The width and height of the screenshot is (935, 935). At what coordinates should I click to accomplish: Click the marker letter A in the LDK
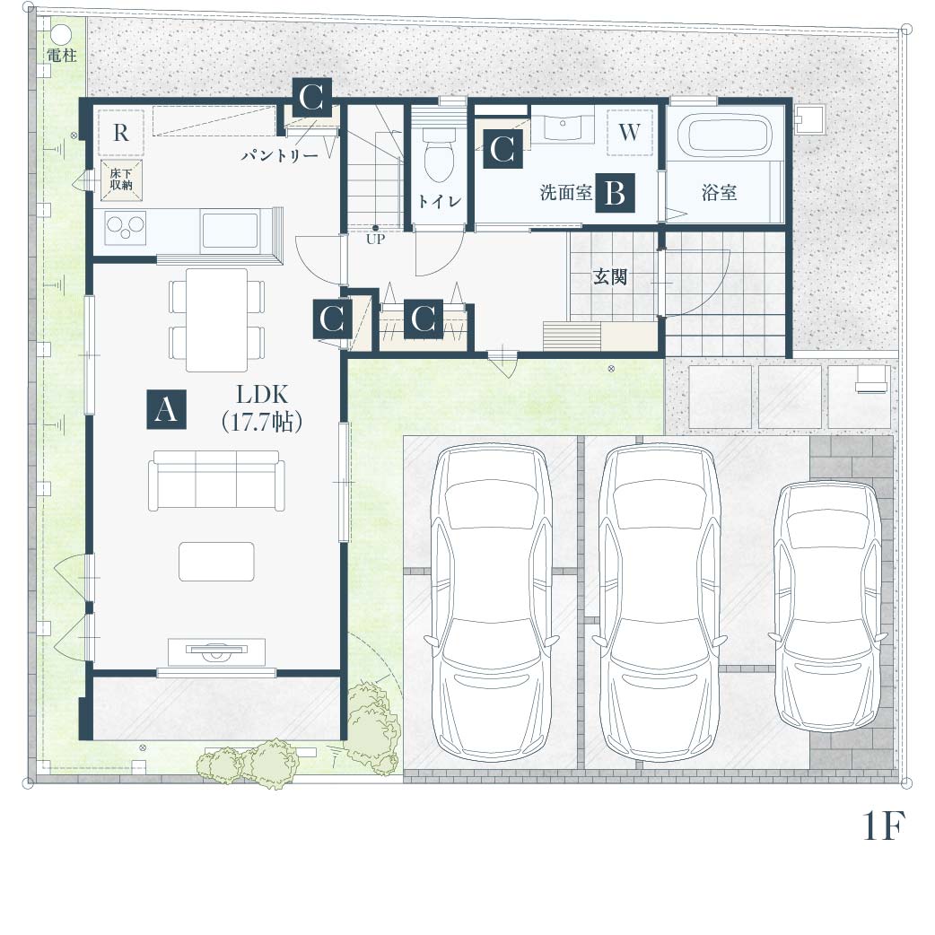[166, 410]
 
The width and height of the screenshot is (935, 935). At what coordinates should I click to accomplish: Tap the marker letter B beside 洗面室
[615, 193]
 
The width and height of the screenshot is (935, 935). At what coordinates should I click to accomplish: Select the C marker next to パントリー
[312, 97]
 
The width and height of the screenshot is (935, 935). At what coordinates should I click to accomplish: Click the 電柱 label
[62, 56]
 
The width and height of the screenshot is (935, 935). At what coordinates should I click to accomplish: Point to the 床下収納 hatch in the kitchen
[121, 179]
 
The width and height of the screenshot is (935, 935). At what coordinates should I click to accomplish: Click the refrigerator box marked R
[121, 133]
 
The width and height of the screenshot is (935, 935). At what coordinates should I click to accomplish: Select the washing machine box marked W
[630, 132]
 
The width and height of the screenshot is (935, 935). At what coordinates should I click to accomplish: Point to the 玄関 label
[610, 276]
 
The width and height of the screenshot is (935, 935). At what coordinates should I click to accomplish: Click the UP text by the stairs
[376, 240]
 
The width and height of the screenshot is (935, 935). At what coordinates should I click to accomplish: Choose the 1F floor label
[884, 826]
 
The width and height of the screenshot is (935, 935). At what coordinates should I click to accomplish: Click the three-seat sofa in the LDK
[216, 481]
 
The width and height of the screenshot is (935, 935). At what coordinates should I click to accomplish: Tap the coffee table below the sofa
[217, 561]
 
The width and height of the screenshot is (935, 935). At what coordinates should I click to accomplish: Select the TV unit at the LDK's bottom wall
[216, 651]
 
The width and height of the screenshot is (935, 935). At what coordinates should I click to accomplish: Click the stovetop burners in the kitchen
[126, 227]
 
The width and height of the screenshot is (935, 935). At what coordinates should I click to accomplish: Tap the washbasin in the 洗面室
[562, 128]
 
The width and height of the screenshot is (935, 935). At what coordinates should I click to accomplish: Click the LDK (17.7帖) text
[262, 408]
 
